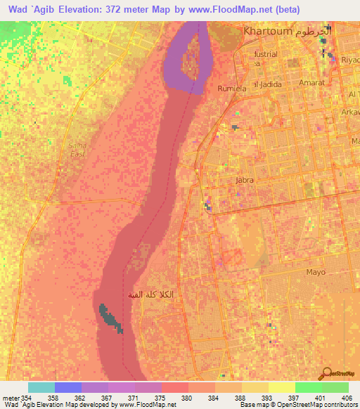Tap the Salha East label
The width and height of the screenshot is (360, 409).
point(77,149)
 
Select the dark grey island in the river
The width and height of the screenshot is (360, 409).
point(110,318)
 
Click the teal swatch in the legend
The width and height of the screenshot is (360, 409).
point(41,387)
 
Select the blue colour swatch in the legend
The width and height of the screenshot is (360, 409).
point(68,387)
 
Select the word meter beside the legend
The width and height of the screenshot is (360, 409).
point(10,398)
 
